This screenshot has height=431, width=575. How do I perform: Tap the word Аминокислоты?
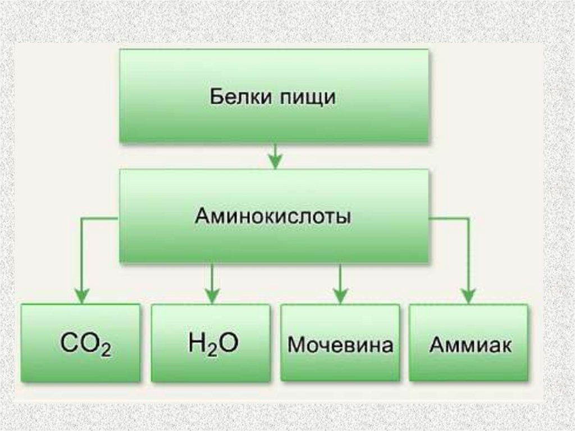[273, 216]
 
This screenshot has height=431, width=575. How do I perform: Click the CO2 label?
[85, 343]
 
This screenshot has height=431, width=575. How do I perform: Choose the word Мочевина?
[340, 344]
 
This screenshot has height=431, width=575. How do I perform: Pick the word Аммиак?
[470, 344]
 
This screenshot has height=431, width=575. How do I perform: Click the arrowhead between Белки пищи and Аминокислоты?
[275, 162]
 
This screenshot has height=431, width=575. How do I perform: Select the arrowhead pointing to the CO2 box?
[82, 296]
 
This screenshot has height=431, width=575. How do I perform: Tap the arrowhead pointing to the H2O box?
[212, 296]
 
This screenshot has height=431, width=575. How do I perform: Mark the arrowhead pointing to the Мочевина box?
[340, 296]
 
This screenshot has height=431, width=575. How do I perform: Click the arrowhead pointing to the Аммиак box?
[468, 296]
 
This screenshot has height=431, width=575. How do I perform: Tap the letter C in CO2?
[69, 343]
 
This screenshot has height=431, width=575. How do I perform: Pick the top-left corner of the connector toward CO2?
[82, 219]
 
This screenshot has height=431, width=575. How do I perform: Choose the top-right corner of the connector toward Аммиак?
[468, 219]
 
